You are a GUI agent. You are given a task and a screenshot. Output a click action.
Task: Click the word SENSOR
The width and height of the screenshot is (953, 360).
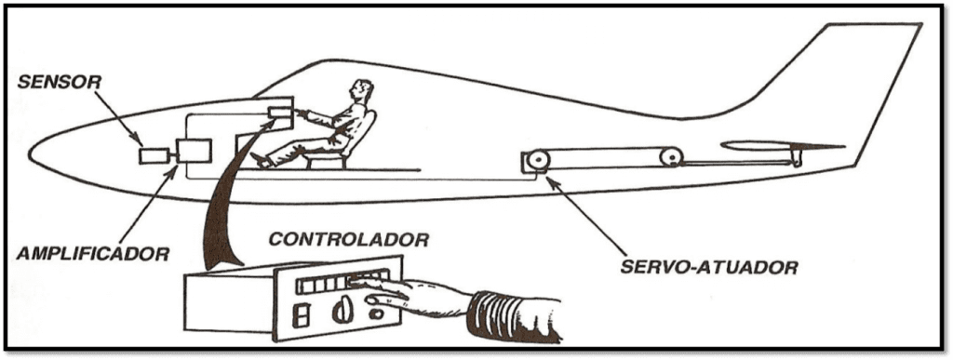pos(59,82)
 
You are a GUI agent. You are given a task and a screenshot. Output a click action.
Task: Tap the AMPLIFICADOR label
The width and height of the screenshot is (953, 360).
pos(93,252)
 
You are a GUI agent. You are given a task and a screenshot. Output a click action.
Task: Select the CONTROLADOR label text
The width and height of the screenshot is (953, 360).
pos(349,239)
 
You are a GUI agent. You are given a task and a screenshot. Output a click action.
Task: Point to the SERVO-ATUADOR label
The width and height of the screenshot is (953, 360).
pos(708,266)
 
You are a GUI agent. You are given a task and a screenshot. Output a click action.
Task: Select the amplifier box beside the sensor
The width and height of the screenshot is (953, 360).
pos(194,152)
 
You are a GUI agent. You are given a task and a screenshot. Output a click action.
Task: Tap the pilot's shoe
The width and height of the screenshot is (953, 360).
pos(261,160)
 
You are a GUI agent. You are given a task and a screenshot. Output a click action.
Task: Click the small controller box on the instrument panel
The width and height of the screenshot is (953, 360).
pos(280,113)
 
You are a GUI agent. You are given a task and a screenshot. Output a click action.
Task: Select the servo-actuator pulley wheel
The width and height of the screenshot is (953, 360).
pos(538,160)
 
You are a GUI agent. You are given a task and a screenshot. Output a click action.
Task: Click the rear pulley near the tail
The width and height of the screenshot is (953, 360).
pos(671,157)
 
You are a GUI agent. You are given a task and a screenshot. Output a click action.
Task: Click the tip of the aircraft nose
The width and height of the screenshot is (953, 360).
pos(29,152)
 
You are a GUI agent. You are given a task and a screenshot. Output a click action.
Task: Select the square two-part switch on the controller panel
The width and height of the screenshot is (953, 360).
pos(300,315)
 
